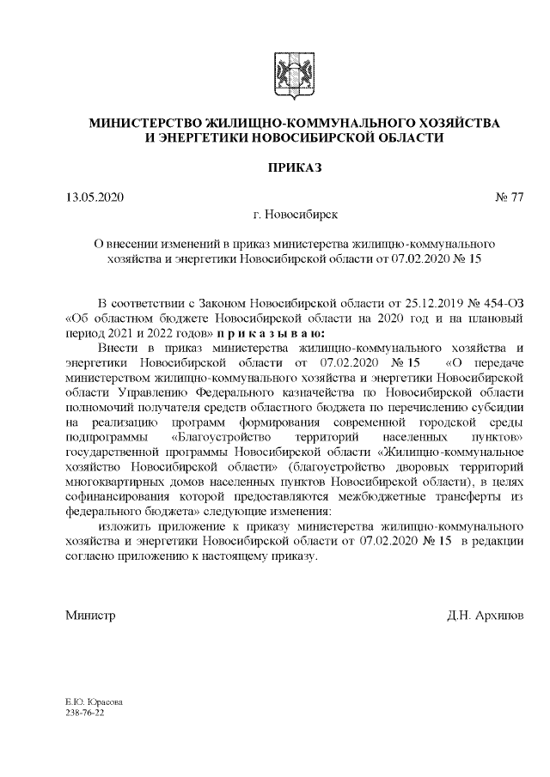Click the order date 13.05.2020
[95, 197]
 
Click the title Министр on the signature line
[90, 616]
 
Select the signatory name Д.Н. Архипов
[484, 616]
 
